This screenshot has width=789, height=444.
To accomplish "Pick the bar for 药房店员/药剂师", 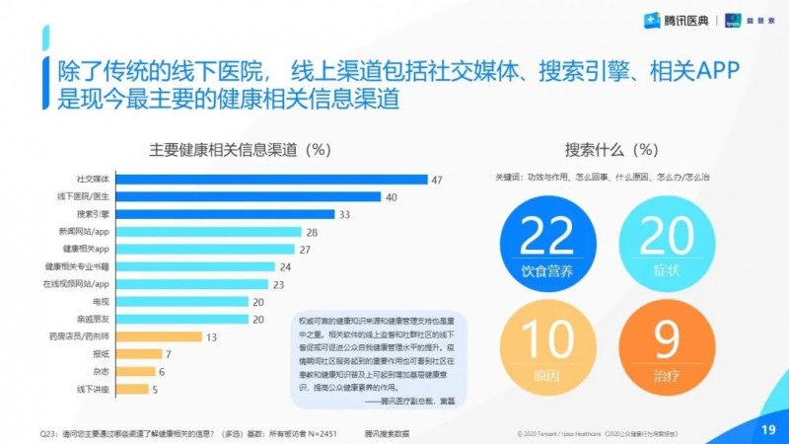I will click(157, 336).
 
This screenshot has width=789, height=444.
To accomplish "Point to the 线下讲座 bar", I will click(130, 389).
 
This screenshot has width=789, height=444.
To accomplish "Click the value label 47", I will click(437, 179).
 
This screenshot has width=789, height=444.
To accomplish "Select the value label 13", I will click(210, 336).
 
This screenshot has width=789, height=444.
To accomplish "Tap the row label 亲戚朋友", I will click(94, 319).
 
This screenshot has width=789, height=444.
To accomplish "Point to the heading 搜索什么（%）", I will click(611, 150).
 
